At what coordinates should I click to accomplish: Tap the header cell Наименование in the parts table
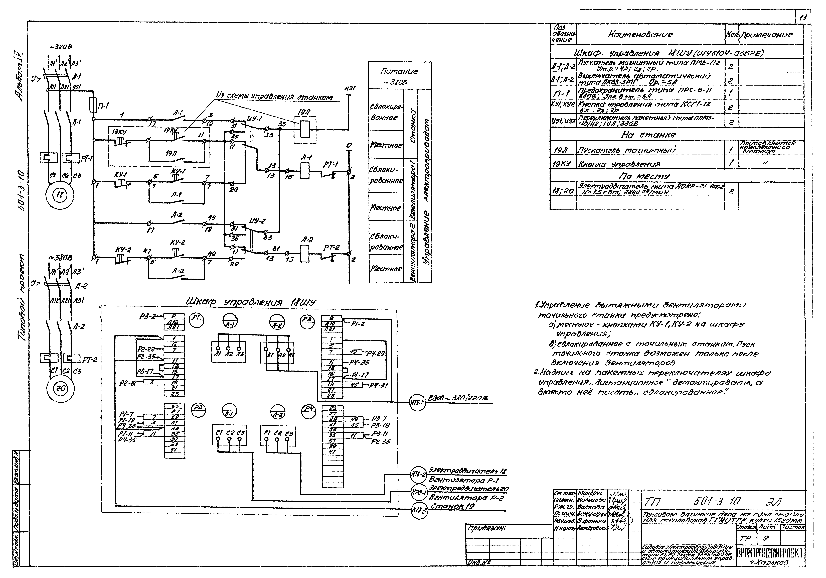640,35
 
